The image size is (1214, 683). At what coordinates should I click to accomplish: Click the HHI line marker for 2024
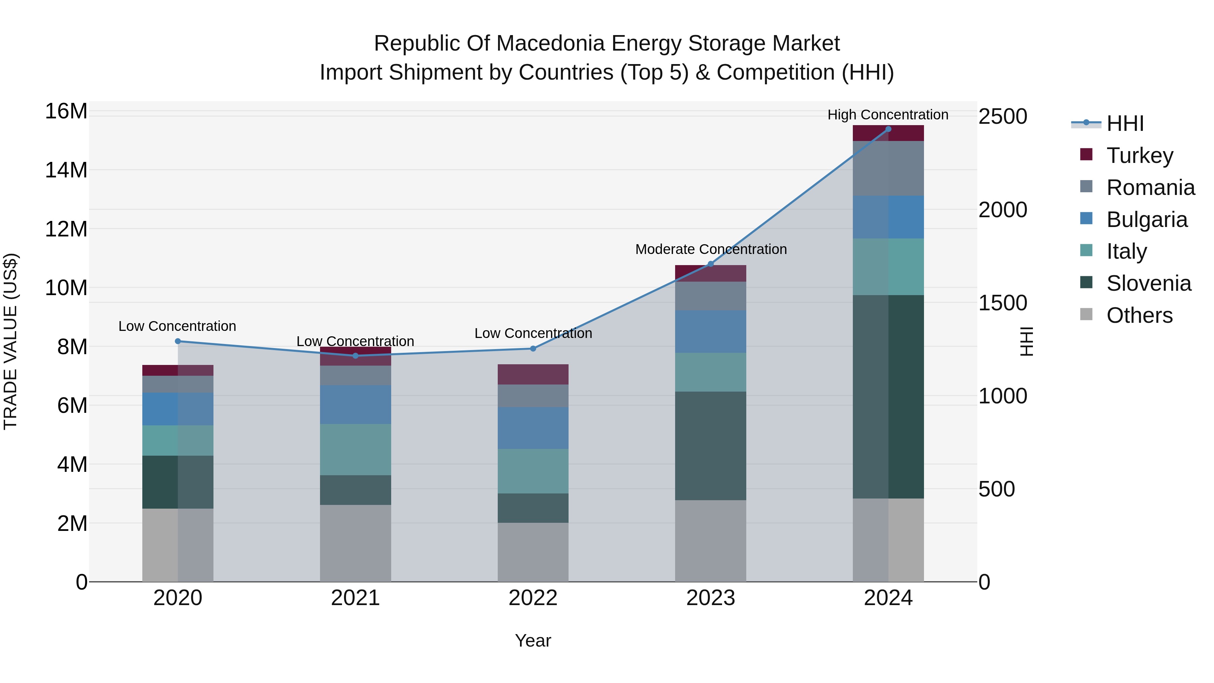pos(888,129)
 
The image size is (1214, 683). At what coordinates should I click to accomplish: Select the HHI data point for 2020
pos(178,341)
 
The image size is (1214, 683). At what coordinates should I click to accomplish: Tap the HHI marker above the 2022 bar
pos(533,349)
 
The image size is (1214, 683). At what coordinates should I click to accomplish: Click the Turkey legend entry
pos(1139,155)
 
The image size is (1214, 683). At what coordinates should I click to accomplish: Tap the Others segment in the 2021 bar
pos(355,543)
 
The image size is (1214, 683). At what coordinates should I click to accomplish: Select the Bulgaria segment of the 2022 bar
pos(533,428)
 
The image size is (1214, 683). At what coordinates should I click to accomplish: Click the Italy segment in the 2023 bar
pos(710,372)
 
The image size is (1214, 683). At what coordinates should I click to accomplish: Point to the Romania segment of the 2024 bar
pos(888,168)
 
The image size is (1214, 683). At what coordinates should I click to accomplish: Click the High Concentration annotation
pos(888,115)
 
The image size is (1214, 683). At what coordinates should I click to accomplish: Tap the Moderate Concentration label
pos(711,249)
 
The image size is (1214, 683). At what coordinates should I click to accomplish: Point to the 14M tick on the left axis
pos(66,170)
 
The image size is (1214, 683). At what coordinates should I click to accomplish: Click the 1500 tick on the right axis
pos(1003,303)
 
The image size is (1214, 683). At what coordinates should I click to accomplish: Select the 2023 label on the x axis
pos(710,598)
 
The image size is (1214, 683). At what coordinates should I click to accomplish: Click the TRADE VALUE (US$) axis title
pos(10,341)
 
